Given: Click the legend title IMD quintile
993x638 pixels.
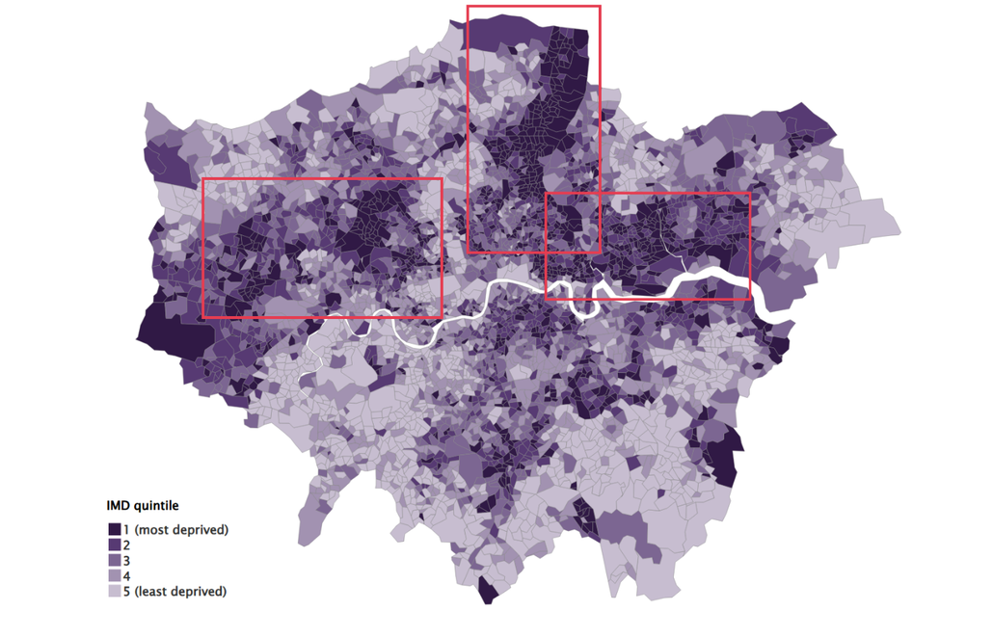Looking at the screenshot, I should pyautogui.click(x=142, y=505).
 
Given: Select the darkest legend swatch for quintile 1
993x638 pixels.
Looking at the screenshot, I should pyautogui.click(x=114, y=530).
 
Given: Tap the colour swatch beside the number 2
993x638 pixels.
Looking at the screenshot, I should pyautogui.click(x=114, y=545).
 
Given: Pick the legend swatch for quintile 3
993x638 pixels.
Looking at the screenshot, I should pyautogui.click(x=114, y=561).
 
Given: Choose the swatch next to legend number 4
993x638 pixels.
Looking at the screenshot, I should pyautogui.click(x=114, y=576).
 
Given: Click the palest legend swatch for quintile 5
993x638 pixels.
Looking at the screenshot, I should pyautogui.click(x=114, y=592).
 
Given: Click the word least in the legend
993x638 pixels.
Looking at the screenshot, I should pyautogui.click(x=150, y=592).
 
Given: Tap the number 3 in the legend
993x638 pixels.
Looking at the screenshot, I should pyautogui.click(x=126, y=561).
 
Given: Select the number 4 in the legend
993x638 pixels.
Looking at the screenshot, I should pyautogui.click(x=126, y=576).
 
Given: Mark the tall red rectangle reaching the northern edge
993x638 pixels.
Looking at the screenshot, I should pyautogui.click(x=533, y=7).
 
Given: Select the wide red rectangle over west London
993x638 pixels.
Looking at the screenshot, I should pyautogui.click(x=321, y=179).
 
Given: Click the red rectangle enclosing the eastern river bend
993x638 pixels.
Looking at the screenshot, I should pyautogui.click(x=648, y=194).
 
